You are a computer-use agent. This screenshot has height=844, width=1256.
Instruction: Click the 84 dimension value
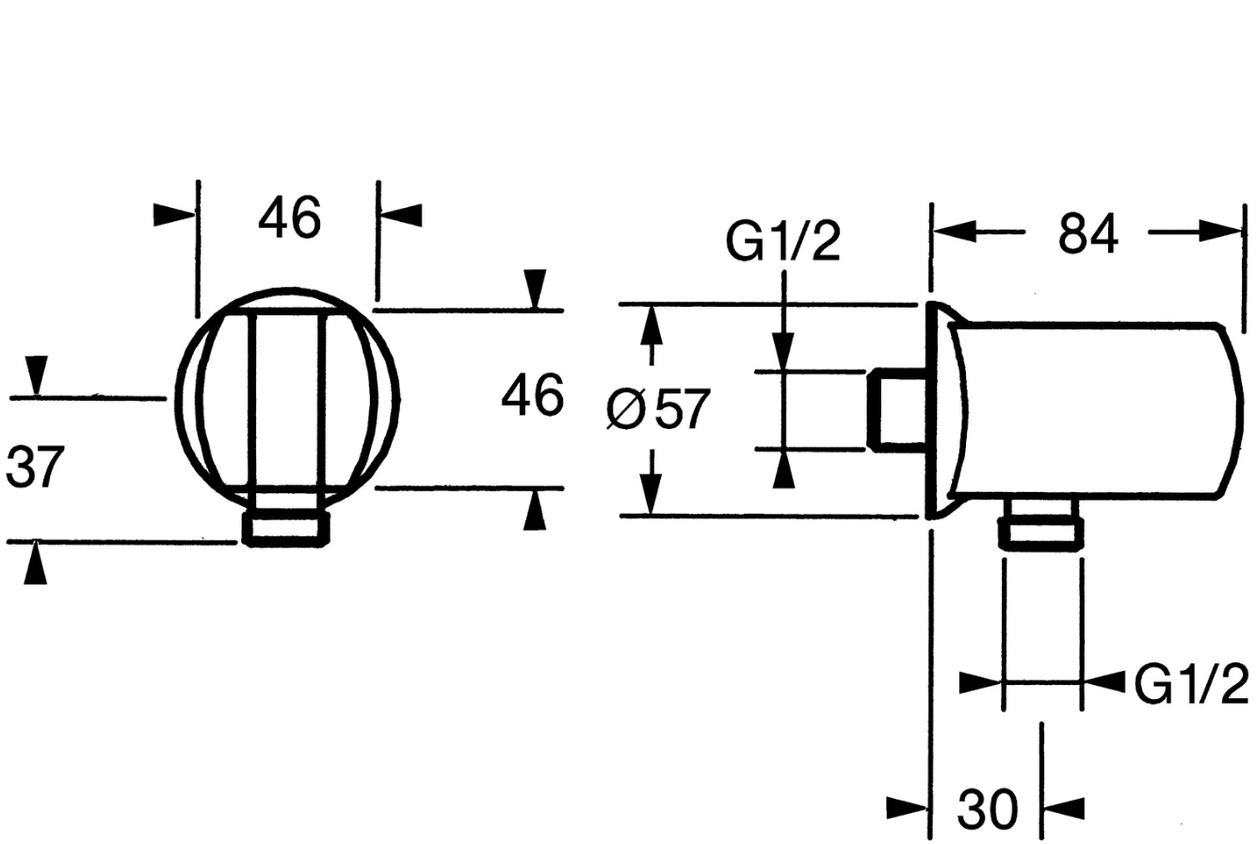pyautogui.click(x=1087, y=234)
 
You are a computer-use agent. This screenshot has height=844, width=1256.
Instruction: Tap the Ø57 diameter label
pyautogui.click(x=658, y=409)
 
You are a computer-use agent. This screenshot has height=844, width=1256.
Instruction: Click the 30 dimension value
pyautogui.click(x=987, y=808)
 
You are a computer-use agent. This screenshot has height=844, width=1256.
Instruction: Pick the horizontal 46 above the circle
pyautogui.click(x=289, y=217)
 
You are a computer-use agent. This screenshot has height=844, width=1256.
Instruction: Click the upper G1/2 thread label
pyautogui.click(x=782, y=241)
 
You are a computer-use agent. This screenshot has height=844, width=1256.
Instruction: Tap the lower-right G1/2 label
pyautogui.click(x=1190, y=684)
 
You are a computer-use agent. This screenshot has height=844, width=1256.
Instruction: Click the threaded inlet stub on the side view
pyautogui.click(x=896, y=409)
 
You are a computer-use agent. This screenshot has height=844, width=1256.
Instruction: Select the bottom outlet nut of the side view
pyautogui.click(x=1040, y=523)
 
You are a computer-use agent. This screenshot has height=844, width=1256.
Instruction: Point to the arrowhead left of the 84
pyautogui.click(x=955, y=231)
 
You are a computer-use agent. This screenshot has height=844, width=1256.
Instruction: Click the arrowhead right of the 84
pyautogui.click(x=1218, y=231)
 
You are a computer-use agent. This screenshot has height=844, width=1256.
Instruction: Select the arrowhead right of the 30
pyautogui.click(x=1064, y=808)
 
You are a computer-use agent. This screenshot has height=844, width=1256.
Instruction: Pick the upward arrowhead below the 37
pyautogui.click(x=36, y=563)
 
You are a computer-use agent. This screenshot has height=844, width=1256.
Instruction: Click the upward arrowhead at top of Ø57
pyautogui.click(x=651, y=326)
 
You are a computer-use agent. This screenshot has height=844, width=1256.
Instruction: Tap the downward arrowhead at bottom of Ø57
pyautogui.click(x=651, y=494)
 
